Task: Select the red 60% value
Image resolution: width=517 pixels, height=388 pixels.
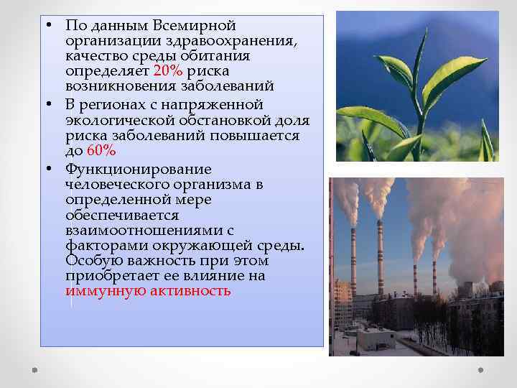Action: coord(101,151)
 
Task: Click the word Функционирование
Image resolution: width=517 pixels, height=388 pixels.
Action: coord(138,170)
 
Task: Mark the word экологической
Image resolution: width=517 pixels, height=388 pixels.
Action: coord(114,121)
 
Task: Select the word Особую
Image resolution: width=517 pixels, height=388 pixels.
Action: coord(90,261)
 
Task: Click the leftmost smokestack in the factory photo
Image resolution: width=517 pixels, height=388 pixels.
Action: coord(353,259)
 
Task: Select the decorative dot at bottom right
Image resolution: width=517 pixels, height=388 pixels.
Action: coord(480,370)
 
